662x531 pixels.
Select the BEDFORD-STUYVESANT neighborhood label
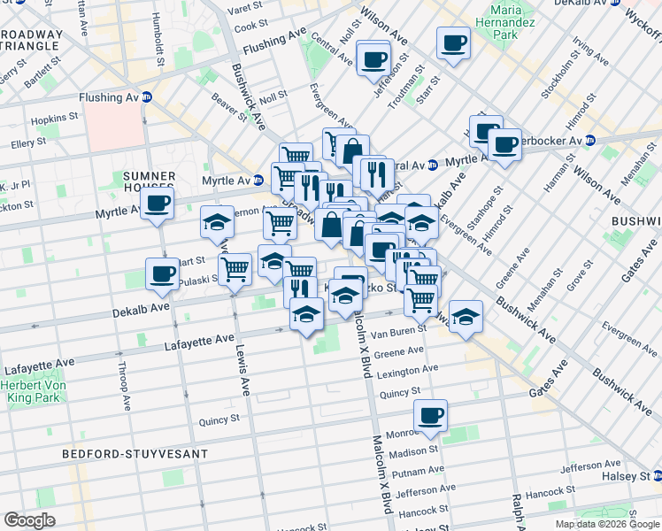pyautogui.click(x=135, y=454)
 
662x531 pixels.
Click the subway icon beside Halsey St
pyautogui.click(x=656, y=476)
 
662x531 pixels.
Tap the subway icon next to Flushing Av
pyautogui.click(x=147, y=96)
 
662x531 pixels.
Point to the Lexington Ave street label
pyautogui.click(x=405, y=370)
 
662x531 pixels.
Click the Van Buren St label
pyautogui.click(x=393, y=335)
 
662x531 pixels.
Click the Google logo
pyautogui.click(x=29, y=520)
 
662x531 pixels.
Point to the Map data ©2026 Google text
pyautogui.click(x=607, y=524)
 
